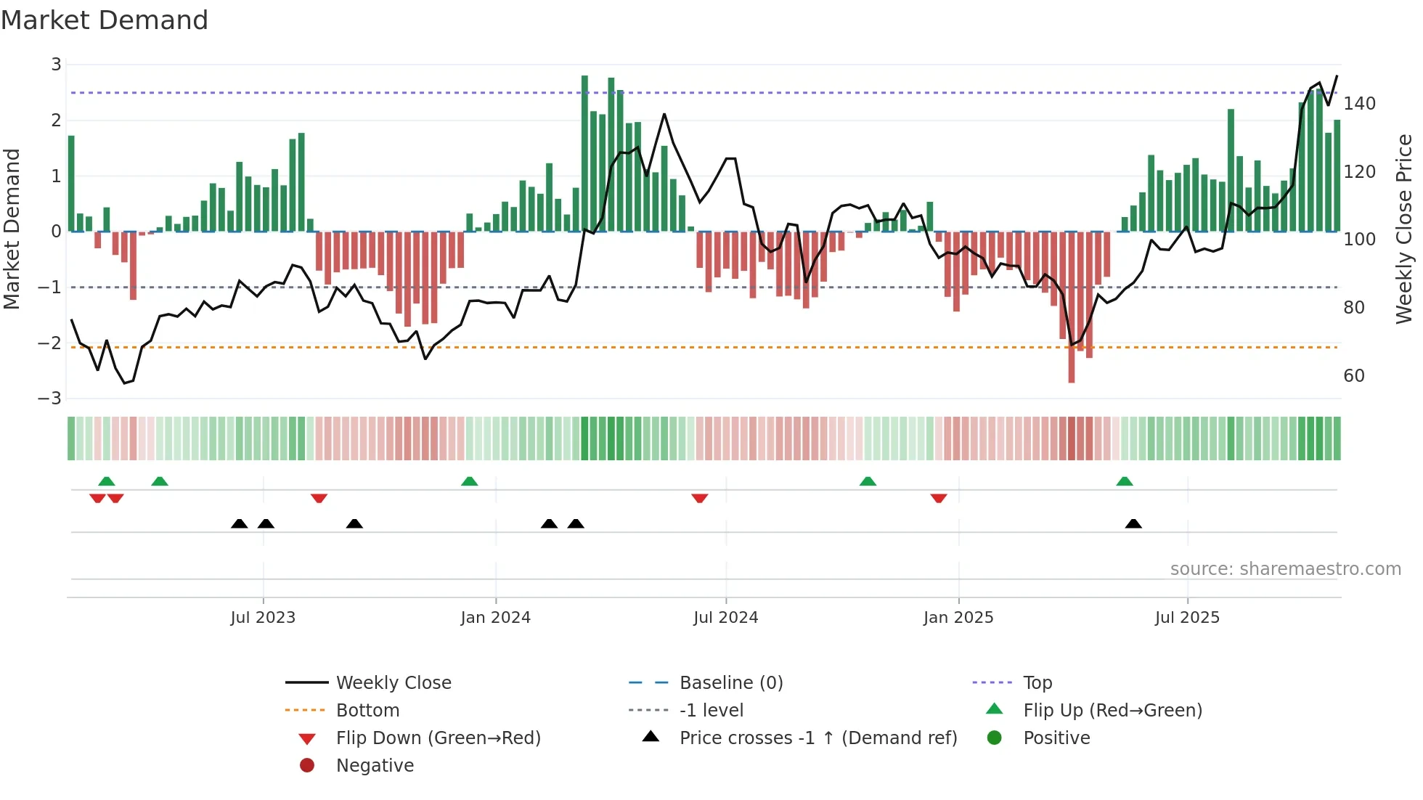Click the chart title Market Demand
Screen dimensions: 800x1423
pos(105,20)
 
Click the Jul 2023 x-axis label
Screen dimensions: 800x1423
pos(263,618)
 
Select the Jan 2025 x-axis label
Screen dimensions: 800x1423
pos(958,618)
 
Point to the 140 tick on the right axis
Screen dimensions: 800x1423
pos(1359,104)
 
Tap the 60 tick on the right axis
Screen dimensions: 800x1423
pos(1353,376)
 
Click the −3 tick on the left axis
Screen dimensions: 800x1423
pos(50,399)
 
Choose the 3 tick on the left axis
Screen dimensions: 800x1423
pos(56,65)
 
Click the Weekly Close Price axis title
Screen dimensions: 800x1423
pos(1404,229)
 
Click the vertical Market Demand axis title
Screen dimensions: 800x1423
pos(12,229)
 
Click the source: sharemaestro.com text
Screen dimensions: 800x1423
pos(1285,569)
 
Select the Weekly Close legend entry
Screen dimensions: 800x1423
pos(393,683)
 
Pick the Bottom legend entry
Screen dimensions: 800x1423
pos(367,711)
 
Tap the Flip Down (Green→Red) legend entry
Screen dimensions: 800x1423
pos(438,738)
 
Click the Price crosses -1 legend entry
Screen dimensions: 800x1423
pos(817,738)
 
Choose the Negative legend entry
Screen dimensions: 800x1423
pos(375,766)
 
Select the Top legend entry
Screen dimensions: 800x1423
pos(1037,683)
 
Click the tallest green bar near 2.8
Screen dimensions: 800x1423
pos(584,152)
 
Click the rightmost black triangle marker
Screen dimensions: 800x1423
pos(1133,523)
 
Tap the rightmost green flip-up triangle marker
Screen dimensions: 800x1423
pos(1125,481)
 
